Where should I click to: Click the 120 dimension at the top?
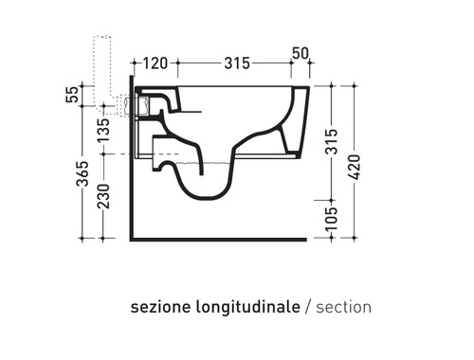pos(156,63)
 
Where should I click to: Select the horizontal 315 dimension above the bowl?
pos(230,63)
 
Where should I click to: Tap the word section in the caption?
pos(343,308)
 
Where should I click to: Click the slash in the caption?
pos(306,308)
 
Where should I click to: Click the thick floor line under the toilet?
pos(218,239)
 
